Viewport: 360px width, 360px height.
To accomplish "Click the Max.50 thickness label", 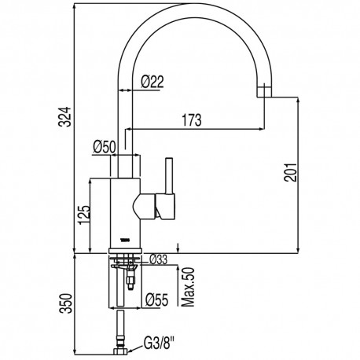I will (186, 287).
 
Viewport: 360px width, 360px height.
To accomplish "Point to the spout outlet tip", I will (264, 93).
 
